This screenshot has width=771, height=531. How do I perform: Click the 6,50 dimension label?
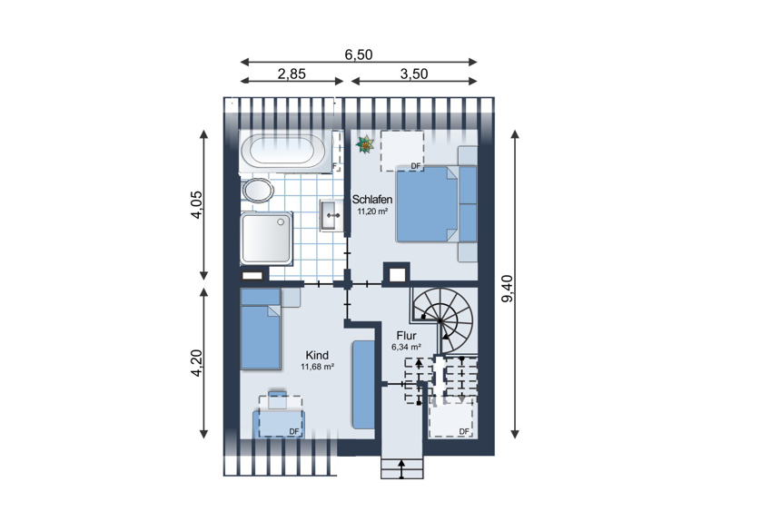point(359,54)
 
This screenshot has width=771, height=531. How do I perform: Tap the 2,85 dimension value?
point(292,74)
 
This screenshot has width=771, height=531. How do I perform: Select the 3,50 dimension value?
point(414,74)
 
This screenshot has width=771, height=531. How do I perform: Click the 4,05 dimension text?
point(196,204)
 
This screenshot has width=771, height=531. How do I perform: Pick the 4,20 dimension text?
point(196,363)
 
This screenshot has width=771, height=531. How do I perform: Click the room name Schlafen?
point(372,200)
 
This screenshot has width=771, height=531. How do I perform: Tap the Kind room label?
point(317,355)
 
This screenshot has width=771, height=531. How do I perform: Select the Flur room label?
point(406,336)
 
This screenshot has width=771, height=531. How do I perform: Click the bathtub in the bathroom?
point(283,151)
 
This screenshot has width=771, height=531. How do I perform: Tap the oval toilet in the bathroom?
point(257,190)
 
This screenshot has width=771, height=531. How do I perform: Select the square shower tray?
point(266,239)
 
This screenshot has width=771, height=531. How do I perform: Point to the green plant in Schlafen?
point(365,144)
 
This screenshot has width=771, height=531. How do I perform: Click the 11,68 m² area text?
point(318,367)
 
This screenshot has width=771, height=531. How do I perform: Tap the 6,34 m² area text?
point(406,347)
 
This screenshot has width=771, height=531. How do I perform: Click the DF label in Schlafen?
point(416,166)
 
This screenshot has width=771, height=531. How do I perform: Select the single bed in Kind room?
point(260,329)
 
